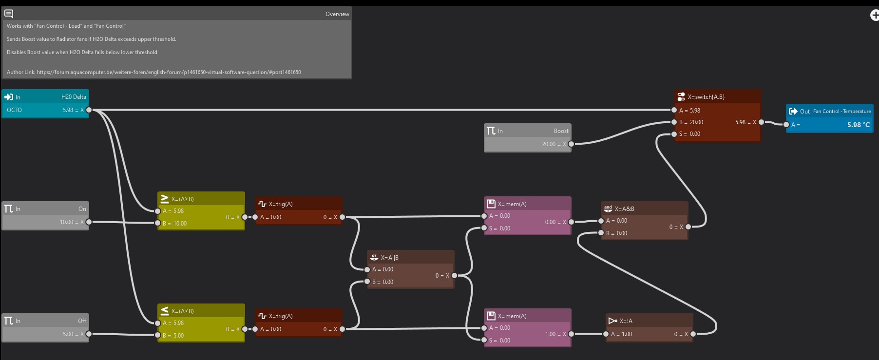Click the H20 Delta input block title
[73, 97]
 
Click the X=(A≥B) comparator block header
[201, 199]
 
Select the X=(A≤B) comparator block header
[201, 311]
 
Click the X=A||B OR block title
[410, 257]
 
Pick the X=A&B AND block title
[644, 208]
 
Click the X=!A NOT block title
[649, 321]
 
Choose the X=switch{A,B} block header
[717, 96]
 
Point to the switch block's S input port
[674, 134]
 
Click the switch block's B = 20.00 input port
[674, 122]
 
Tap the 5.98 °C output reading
[858, 125]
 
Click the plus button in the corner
[875, 15]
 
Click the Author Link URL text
[169, 72]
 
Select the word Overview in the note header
[337, 14]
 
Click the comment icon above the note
[9, 14]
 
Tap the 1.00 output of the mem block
[550, 334]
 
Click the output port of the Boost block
[571, 144]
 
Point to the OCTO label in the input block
[14, 110]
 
